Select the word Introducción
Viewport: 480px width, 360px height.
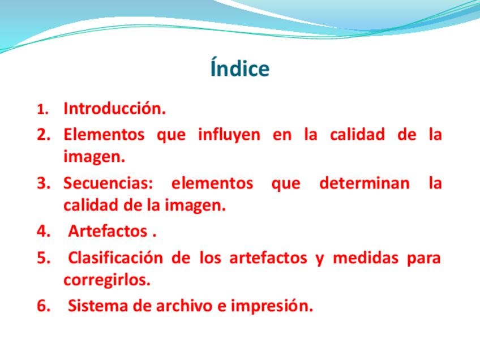[114, 108]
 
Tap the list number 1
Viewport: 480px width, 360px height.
[43, 109]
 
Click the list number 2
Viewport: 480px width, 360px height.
[44, 134]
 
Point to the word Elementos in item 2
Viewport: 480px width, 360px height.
[104, 134]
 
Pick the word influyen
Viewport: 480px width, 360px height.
[229, 134]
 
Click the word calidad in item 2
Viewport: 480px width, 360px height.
[357, 134]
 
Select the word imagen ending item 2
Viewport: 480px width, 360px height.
[95, 157]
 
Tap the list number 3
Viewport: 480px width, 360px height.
[44, 183]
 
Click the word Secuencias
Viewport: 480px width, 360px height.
[108, 183]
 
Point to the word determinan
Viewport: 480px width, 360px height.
[365, 183]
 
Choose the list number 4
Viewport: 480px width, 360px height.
[44, 231]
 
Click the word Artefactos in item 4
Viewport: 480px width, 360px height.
[108, 231]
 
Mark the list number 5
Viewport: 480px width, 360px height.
[44, 258]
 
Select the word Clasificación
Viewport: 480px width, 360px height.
[115, 257]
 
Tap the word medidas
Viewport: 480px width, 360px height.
[366, 257]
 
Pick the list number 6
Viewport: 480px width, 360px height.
[44, 306]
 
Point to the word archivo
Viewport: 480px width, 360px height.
[184, 306]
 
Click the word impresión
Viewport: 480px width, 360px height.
[272, 306]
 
